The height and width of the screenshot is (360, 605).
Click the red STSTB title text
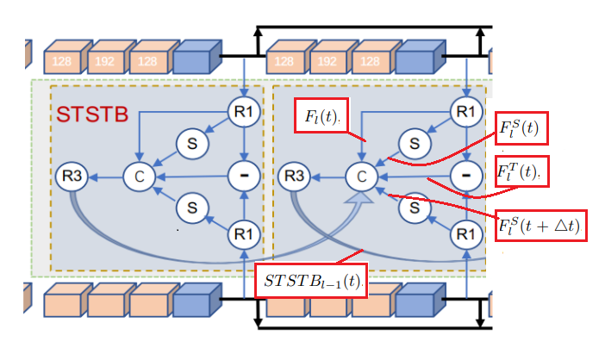pyautogui.click(x=92, y=114)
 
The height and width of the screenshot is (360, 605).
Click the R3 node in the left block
pyautogui.click(x=69, y=177)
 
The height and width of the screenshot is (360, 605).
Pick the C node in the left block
pyautogui.click(x=138, y=177)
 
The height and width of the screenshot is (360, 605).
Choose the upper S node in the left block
pyautogui.click(x=190, y=144)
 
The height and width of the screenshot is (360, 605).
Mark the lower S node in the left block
pyautogui.click(x=190, y=208)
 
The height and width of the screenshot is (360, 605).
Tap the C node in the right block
pyautogui.click(x=362, y=177)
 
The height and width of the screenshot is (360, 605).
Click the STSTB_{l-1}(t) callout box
pyautogui.click(x=312, y=282)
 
